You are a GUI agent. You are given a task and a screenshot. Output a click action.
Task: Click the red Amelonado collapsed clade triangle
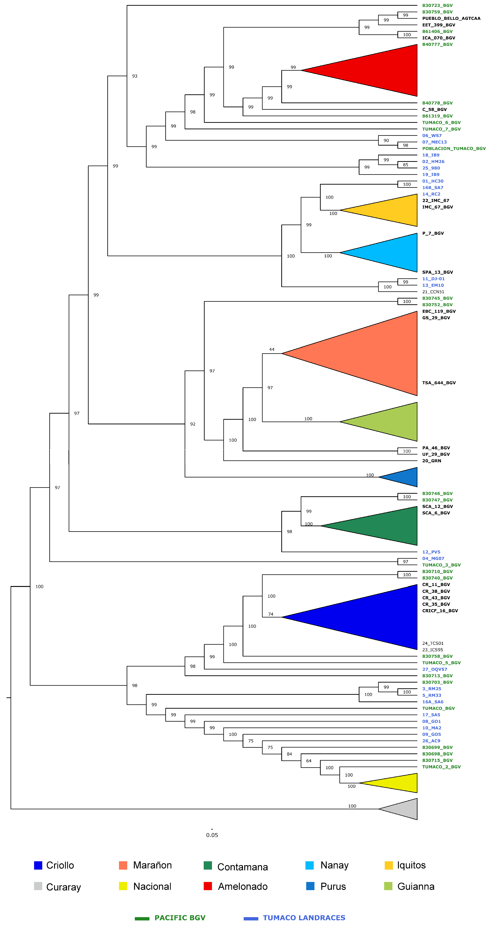coord(378,70)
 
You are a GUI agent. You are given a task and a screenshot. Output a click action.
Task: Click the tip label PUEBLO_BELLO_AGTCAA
coord(451,18)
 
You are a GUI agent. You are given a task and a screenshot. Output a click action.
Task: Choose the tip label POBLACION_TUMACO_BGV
coord(454,149)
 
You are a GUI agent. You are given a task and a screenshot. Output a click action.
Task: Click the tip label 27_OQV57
coord(435,669)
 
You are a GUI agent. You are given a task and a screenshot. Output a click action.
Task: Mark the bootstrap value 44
coord(272,349)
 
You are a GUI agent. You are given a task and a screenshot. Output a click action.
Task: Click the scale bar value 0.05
coord(212,835)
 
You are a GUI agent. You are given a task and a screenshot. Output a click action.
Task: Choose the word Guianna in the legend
coord(416,886)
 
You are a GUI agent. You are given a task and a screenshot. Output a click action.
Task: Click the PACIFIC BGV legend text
coord(180,918)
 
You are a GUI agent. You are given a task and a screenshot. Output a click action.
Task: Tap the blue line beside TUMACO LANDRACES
coord(251,919)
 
